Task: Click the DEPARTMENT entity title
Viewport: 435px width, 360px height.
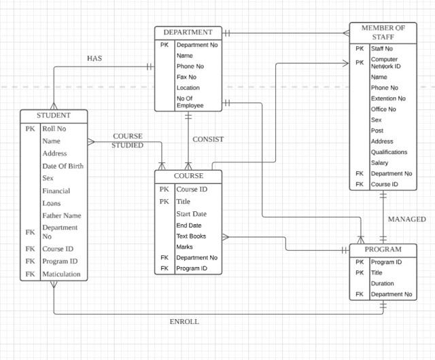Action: click(x=188, y=32)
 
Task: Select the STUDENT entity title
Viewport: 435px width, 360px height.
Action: click(x=54, y=115)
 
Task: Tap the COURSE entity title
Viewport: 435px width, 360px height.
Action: click(x=188, y=176)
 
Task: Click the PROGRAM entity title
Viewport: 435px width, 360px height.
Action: click(x=383, y=249)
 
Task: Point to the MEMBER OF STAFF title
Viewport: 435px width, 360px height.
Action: click(x=383, y=33)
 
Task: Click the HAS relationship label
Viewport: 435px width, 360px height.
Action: click(x=94, y=59)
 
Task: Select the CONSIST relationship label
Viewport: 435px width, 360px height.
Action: click(x=208, y=139)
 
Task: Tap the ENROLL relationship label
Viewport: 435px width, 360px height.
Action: click(x=184, y=321)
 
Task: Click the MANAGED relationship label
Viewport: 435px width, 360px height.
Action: click(x=406, y=219)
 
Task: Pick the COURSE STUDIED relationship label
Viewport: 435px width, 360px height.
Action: click(x=128, y=141)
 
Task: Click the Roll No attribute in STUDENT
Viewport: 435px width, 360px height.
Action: click(x=54, y=128)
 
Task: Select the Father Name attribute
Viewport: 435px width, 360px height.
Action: click(x=62, y=215)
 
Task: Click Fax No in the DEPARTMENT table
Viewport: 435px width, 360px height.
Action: click(x=186, y=77)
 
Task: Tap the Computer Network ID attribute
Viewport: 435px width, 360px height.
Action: click(x=385, y=62)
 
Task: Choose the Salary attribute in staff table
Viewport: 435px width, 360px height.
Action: click(x=379, y=162)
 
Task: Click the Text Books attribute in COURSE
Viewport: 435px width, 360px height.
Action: click(x=190, y=236)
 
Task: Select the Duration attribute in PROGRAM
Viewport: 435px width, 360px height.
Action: click(x=382, y=283)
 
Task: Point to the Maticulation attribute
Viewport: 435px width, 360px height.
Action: click(x=61, y=274)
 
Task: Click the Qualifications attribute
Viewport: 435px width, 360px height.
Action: click(x=389, y=152)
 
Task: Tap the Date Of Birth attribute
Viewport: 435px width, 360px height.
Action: click(x=63, y=166)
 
